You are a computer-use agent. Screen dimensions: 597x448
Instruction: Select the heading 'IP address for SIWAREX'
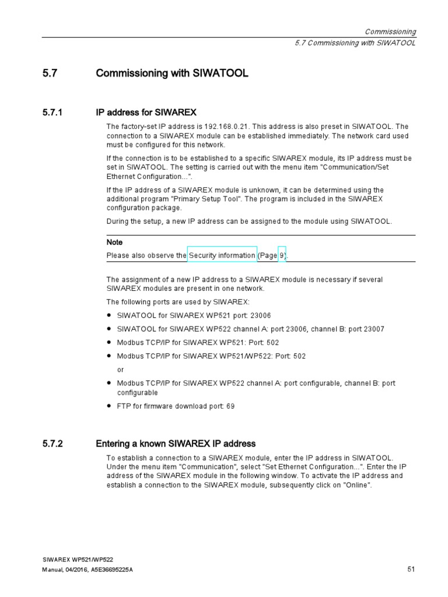(x=146, y=112)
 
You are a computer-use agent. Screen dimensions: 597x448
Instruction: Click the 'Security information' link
(x=222, y=255)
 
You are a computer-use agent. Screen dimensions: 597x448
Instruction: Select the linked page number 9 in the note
(x=282, y=255)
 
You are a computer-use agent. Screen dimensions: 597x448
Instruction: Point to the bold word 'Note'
(x=114, y=242)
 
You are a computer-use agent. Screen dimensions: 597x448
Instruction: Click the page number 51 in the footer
(x=410, y=569)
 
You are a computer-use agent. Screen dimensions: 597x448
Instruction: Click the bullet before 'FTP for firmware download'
(x=109, y=406)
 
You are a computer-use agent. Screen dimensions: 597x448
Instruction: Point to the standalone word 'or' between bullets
(x=121, y=370)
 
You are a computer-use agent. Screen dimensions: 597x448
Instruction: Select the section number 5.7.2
(x=52, y=444)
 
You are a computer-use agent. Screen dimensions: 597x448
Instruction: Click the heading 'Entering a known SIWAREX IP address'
(x=175, y=444)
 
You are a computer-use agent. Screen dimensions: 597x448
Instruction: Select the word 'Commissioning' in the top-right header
(x=390, y=31)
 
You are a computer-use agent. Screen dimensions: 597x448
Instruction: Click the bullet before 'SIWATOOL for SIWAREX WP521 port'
(x=109, y=315)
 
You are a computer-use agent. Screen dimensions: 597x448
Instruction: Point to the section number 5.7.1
(x=52, y=112)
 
